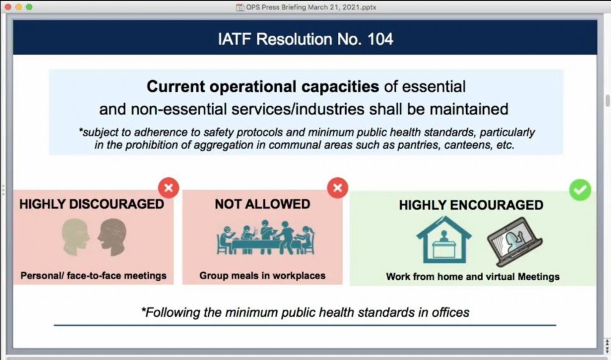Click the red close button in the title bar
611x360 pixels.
pyautogui.click(x=8, y=7)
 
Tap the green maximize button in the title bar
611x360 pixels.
pyautogui.click(x=29, y=7)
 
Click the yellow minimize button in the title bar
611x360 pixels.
pyautogui.click(x=18, y=7)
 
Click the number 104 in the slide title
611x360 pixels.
pyautogui.click(x=381, y=39)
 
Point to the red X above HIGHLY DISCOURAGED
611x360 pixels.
pyautogui.click(x=168, y=188)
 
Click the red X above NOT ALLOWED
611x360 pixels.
pyautogui.click(x=337, y=188)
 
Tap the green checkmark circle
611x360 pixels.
pyautogui.click(x=580, y=190)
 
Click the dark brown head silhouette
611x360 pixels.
pyautogui.click(x=112, y=237)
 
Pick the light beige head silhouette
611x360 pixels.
pyautogui.click(x=75, y=237)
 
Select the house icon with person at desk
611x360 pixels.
pyautogui.click(x=444, y=240)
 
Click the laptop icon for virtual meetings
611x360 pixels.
pyautogui.click(x=515, y=242)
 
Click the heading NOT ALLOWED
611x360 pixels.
pyautogui.click(x=262, y=204)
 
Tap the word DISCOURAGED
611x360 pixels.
pyautogui.click(x=116, y=204)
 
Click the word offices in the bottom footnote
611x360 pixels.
pyautogui.click(x=451, y=312)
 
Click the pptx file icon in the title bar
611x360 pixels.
pyautogui.click(x=240, y=7)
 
